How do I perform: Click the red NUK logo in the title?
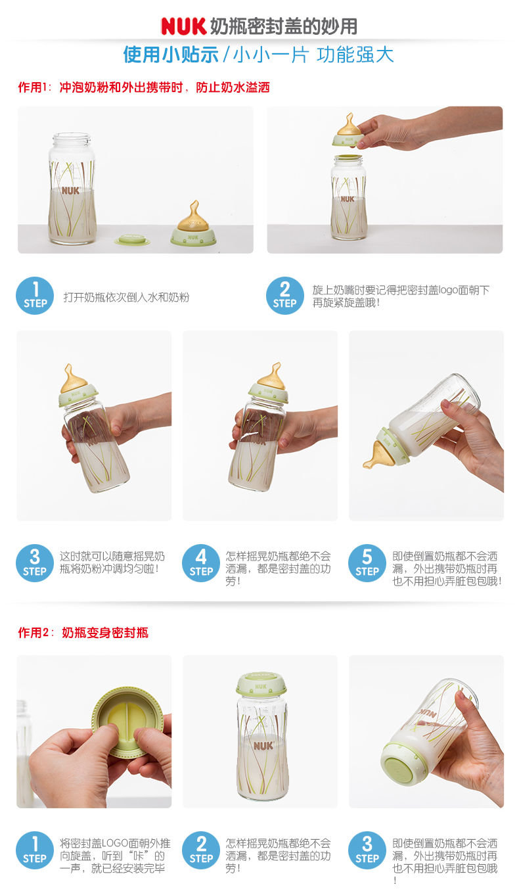click(x=183, y=26)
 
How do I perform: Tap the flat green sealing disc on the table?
click(x=132, y=240)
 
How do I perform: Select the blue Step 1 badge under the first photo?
click(x=35, y=296)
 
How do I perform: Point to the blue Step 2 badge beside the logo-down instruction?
click(x=285, y=296)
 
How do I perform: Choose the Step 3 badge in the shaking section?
click(x=35, y=563)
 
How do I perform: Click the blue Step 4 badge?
click(x=201, y=563)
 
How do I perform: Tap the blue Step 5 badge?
click(x=367, y=563)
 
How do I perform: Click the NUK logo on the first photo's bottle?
click(x=71, y=191)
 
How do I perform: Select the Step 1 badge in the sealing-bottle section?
click(x=35, y=850)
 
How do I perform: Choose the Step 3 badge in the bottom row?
click(x=367, y=850)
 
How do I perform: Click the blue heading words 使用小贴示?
click(x=171, y=55)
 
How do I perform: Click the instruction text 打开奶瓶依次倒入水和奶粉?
click(x=126, y=297)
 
